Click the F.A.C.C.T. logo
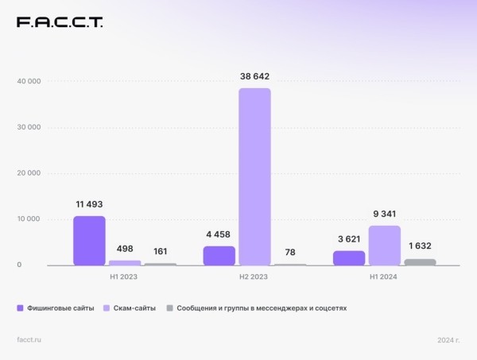tap(60, 22)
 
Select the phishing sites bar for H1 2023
tap(89, 241)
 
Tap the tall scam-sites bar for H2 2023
tap(254, 176)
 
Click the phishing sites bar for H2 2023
tap(219, 256)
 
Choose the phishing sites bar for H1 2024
tap(349, 258)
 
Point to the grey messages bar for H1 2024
tap(421, 262)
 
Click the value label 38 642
tap(254, 76)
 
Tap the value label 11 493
tap(88, 204)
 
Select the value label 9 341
tap(385, 214)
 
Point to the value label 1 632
tap(421, 246)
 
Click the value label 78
tap(290, 252)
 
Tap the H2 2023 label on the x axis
tap(254, 277)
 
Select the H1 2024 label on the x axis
tap(385, 277)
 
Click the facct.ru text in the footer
tap(29, 339)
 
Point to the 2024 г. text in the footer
tap(448, 339)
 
